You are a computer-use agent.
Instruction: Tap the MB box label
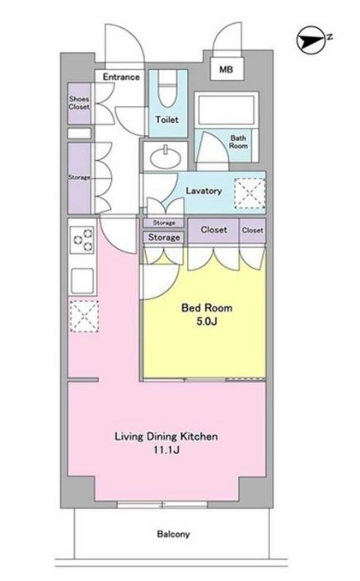pos(226,69)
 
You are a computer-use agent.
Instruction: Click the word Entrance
pos(121,77)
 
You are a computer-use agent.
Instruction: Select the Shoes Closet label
pos(79,103)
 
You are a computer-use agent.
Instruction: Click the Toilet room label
pos(166,119)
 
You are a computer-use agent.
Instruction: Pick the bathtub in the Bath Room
pos(226,110)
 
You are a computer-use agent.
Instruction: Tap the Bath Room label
pos(238,142)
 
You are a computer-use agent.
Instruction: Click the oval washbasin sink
pos(166,157)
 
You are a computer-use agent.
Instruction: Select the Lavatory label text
pos(203,191)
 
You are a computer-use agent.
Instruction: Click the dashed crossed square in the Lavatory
pos(250,193)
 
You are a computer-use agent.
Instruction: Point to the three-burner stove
pos(82,240)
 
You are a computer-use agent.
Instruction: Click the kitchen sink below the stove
pos(82,280)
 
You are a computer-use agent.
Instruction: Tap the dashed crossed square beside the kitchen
pos(84,316)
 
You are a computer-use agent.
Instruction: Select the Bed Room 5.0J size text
pos(207,321)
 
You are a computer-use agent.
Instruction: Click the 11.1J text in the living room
pos(166,450)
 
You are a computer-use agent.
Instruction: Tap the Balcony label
pos(173,534)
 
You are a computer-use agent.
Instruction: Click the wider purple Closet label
pos(213,230)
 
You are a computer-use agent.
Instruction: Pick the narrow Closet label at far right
pos(253,230)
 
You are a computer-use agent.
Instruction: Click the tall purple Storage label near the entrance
pos(79,177)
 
